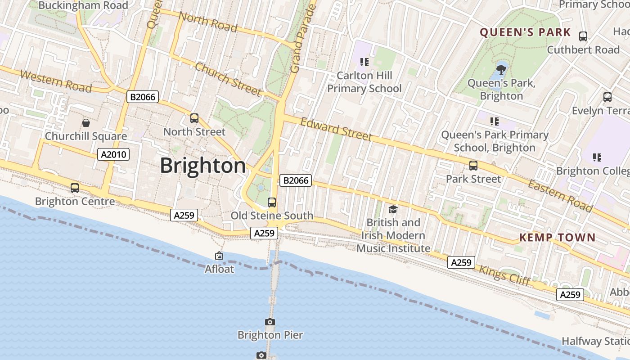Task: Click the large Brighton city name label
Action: tap(203, 166)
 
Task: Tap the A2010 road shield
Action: tap(113, 155)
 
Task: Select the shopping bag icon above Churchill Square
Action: tap(86, 122)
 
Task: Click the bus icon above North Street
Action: tap(194, 118)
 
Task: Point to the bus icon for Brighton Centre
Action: tap(75, 188)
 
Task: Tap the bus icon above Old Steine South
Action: tap(272, 202)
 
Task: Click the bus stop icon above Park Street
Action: tap(473, 166)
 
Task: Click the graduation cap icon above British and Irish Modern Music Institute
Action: tap(393, 209)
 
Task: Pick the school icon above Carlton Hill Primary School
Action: tap(364, 62)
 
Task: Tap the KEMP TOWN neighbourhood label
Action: tap(557, 238)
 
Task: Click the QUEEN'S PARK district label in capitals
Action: tap(525, 32)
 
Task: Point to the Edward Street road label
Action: tap(336, 129)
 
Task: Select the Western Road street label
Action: tap(56, 81)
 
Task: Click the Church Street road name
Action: tap(228, 79)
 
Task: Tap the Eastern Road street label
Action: tap(560, 196)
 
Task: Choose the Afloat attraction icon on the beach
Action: tap(219, 256)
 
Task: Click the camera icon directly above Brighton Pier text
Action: tap(270, 322)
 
